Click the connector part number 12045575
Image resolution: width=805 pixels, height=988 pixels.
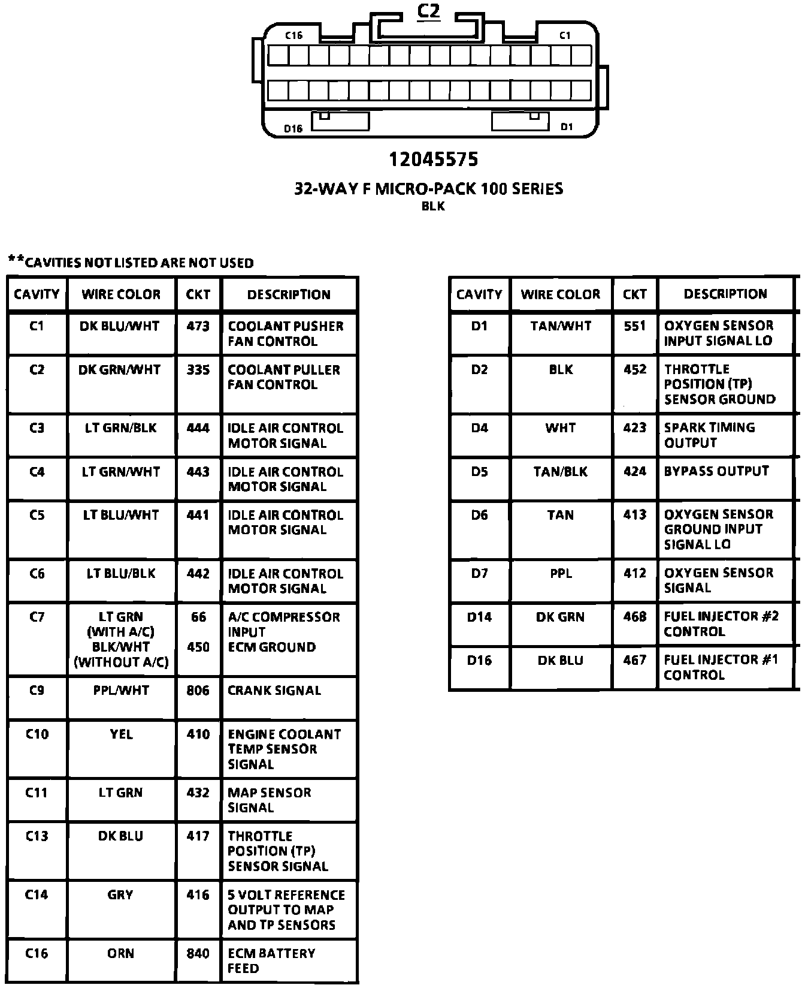pyautogui.click(x=434, y=159)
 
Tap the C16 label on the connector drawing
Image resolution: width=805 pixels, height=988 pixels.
pyautogui.click(x=293, y=35)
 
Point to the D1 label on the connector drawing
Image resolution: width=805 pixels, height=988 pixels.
pyautogui.click(x=566, y=126)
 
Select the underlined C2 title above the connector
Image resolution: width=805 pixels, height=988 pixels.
pyautogui.click(x=429, y=11)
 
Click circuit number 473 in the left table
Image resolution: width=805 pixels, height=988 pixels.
pyautogui.click(x=198, y=326)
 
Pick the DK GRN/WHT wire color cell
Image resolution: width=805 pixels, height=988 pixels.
pyautogui.click(x=120, y=370)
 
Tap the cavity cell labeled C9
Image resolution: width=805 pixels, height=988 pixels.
pyautogui.click(x=37, y=691)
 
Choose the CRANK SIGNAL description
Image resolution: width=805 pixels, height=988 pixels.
pyautogui.click(x=274, y=691)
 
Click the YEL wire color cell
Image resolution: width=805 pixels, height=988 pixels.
pyautogui.click(x=121, y=734)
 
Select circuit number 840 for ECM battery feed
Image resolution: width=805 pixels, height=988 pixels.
pyautogui.click(x=198, y=953)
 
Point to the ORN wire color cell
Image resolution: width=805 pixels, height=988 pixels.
pyautogui.click(x=121, y=953)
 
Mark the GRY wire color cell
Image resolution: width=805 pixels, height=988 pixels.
pyautogui.click(x=120, y=894)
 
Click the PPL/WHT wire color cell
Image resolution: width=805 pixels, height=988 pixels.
pyautogui.click(x=121, y=691)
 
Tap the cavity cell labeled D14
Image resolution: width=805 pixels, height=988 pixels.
pyautogui.click(x=479, y=617)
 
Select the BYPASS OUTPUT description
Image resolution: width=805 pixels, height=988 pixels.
pyautogui.click(x=716, y=471)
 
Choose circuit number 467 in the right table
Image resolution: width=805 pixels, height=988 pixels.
pyautogui.click(x=635, y=660)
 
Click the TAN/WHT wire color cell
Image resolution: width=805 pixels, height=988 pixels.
pyautogui.click(x=561, y=326)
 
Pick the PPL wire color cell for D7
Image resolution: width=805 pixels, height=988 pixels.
pyautogui.click(x=561, y=574)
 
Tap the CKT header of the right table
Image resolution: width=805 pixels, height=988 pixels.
pyautogui.click(x=635, y=294)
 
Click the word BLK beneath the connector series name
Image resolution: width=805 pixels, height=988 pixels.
pyautogui.click(x=434, y=206)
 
